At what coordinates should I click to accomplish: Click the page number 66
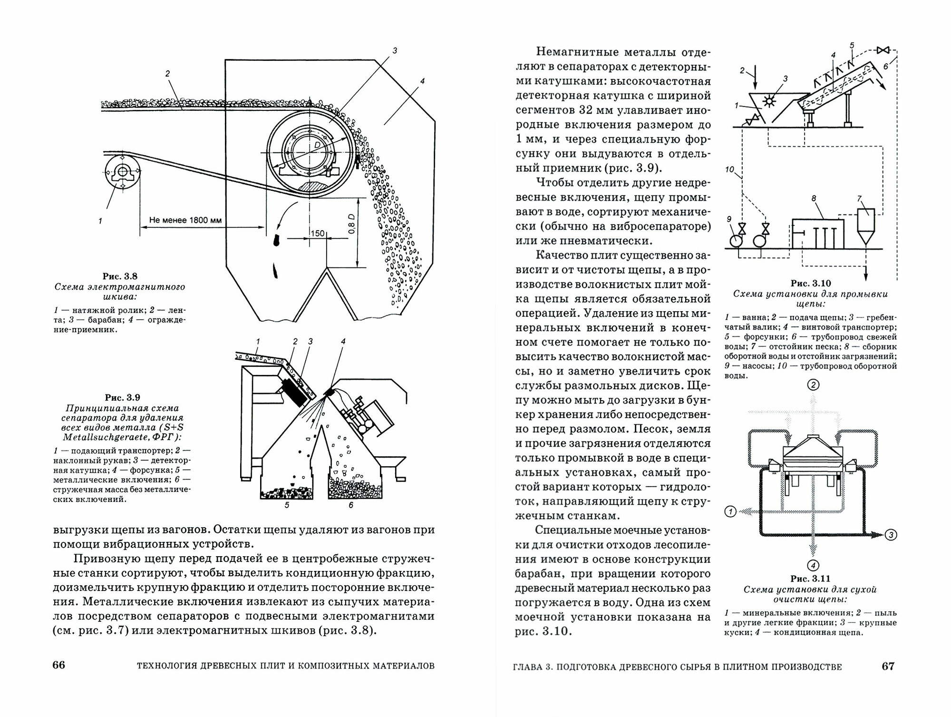[58, 665]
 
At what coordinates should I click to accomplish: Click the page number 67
[888, 666]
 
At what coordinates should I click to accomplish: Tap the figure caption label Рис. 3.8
[120, 276]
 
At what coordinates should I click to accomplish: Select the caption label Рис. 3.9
[123, 397]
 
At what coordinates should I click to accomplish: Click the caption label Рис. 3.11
[810, 579]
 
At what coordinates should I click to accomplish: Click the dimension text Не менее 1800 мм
[185, 220]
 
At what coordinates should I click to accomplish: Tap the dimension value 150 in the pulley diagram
[317, 234]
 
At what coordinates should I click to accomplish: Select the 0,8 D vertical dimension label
[351, 223]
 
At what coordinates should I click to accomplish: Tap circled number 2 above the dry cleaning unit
[814, 385]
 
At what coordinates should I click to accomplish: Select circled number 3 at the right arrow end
[892, 535]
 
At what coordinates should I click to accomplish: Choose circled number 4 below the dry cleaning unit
[813, 565]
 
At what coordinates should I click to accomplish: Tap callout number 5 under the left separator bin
[287, 505]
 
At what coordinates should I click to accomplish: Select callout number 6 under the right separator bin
[351, 505]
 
